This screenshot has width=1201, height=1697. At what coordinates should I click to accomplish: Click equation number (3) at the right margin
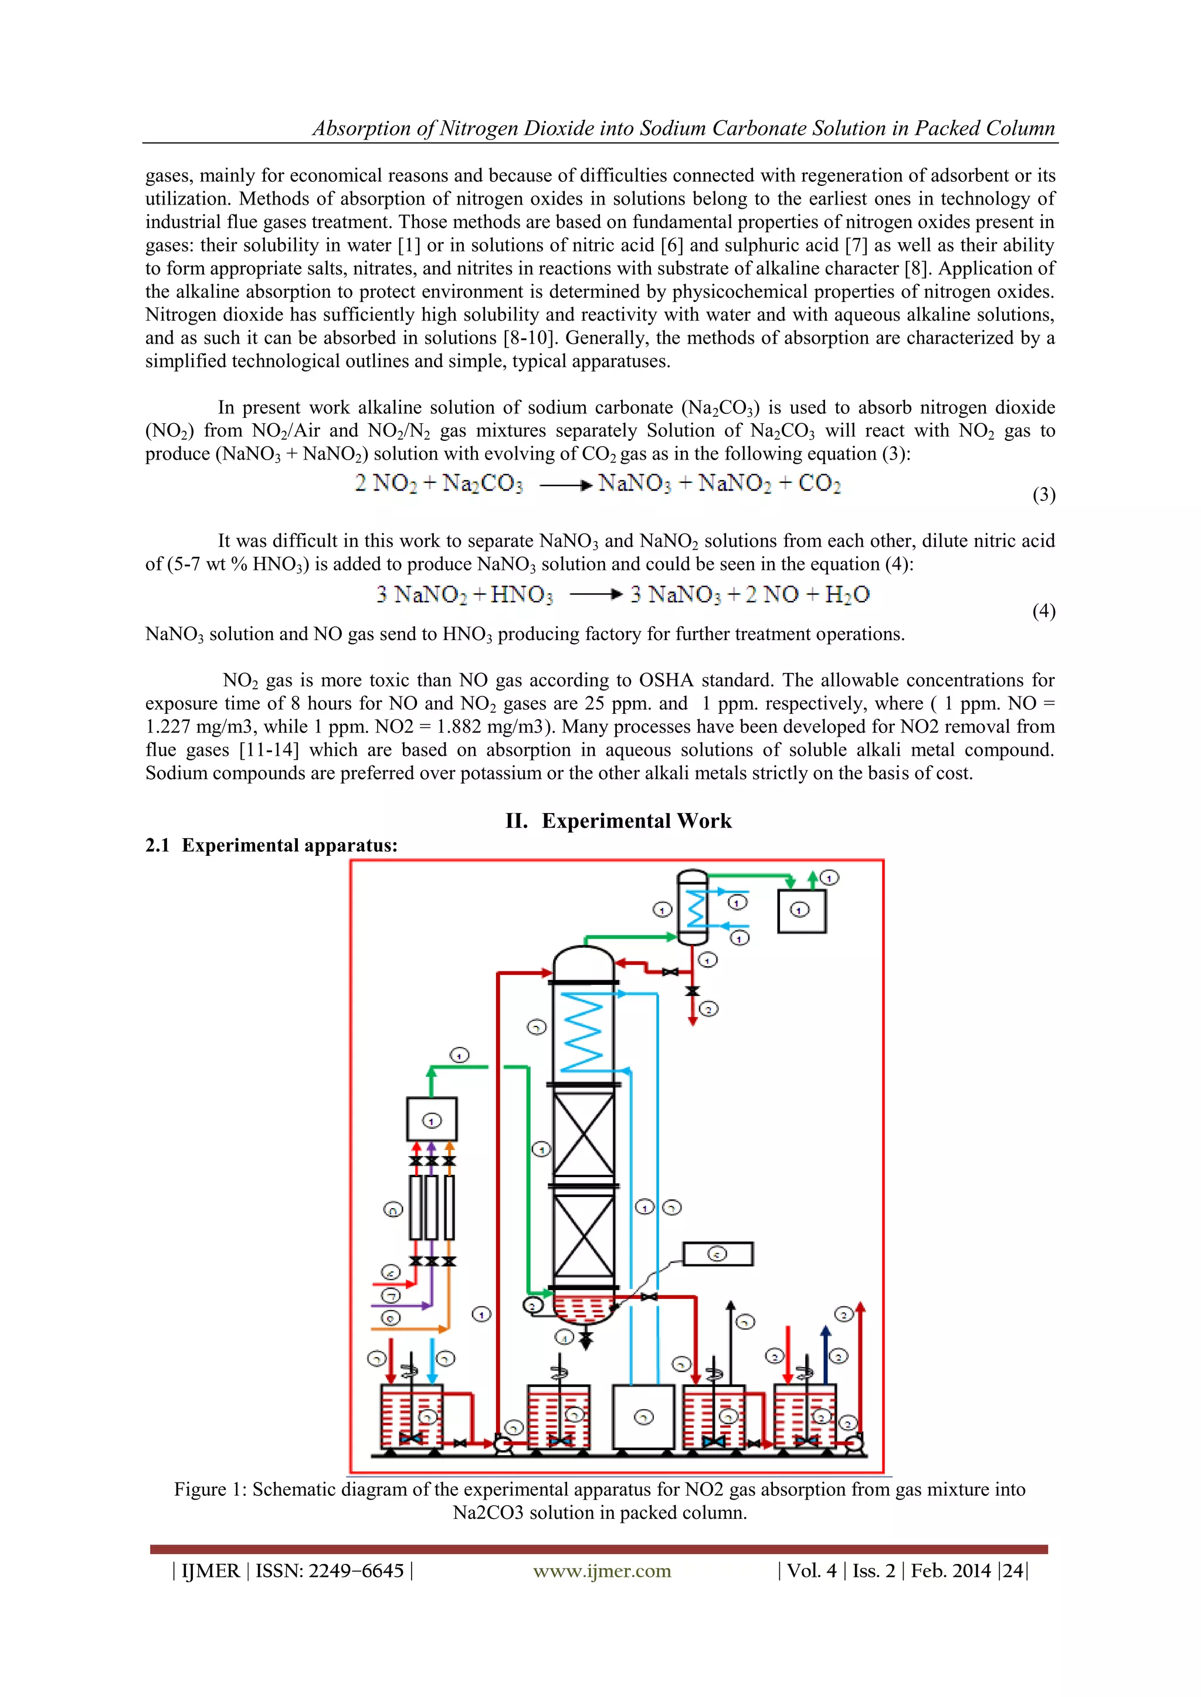pyautogui.click(x=1043, y=495)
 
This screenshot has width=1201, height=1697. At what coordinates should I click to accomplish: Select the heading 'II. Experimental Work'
pyautogui.click(x=618, y=821)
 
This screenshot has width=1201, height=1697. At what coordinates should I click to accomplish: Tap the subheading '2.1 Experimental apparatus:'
pyautogui.click(x=272, y=845)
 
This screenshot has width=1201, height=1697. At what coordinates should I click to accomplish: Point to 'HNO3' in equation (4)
pyautogui.click(x=521, y=594)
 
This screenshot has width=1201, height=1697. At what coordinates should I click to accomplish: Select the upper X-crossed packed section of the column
pyautogui.click(x=583, y=1134)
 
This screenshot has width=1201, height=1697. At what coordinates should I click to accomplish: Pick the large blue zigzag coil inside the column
pyautogui.click(x=583, y=1031)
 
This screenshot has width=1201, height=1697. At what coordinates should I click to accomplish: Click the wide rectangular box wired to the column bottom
pyautogui.click(x=717, y=1253)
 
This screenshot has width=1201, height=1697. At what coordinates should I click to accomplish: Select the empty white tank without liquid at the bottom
pyautogui.click(x=643, y=1416)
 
